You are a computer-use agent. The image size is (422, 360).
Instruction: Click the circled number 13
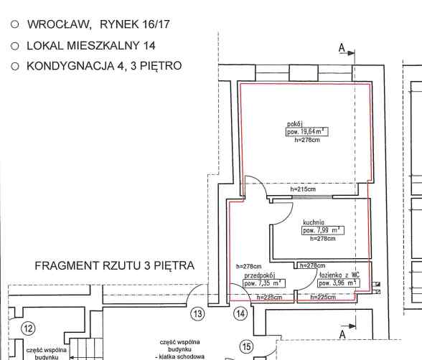click(x=198, y=314)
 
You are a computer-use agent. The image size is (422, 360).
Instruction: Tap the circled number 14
click(x=240, y=313)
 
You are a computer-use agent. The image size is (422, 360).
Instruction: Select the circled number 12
click(x=28, y=328)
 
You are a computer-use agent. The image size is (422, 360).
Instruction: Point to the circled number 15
click(x=247, y=347)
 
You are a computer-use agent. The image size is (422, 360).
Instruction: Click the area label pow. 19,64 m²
click(x=307, y=132)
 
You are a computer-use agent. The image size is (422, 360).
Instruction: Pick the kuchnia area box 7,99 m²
click(x=323, y=230)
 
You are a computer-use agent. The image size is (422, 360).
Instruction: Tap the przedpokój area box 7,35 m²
click(x=264, y=283)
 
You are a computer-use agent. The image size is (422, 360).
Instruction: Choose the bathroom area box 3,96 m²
click(x=339, y=283)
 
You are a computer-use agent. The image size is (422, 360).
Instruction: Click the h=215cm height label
click(x=303, y=189)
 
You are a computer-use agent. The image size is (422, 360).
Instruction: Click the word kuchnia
click(x=314, y=222)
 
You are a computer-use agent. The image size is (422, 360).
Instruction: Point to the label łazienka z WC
click(x=339, y=275)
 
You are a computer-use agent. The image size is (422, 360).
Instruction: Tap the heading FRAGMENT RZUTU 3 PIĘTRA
click(x=115, y=265)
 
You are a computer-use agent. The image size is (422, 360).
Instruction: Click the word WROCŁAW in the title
click(x=59, y=24)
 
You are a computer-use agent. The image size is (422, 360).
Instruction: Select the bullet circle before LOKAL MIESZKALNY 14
click(x=15, y=46)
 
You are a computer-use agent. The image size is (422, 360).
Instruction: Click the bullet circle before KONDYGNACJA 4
click(x=15, y=67)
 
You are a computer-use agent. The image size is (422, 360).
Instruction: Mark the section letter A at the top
click(x=342, y=48)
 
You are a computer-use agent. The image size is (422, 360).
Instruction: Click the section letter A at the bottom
click(x=342, y=335)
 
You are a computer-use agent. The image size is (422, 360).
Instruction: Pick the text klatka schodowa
click(x=182, y=357)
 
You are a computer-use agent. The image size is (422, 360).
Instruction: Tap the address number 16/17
click(x=156, y=24)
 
